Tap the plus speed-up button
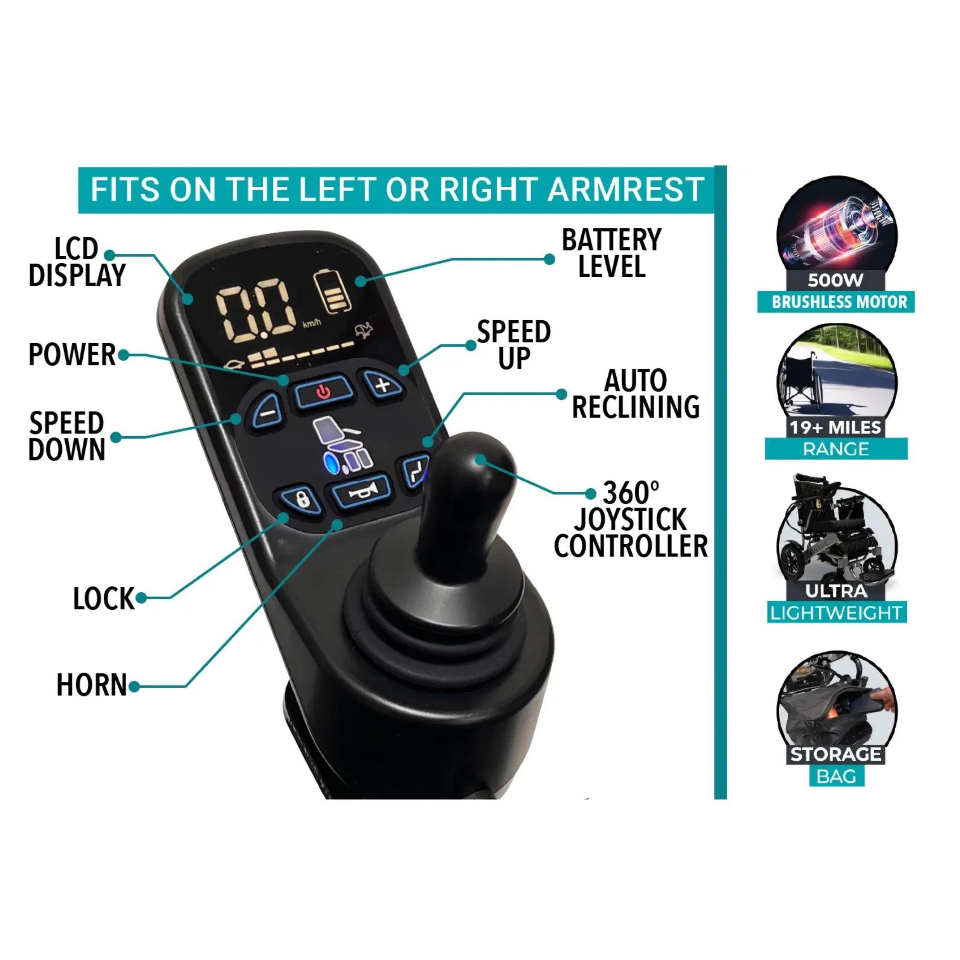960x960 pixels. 383,384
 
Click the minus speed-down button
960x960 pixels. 265,411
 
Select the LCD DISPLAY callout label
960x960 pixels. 78,262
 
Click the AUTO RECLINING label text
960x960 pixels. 636,394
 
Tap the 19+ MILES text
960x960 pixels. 835,427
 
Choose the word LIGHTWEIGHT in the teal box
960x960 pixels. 836,613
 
